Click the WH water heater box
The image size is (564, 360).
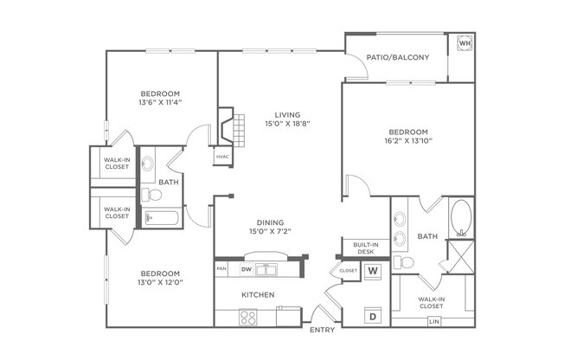(464, 44)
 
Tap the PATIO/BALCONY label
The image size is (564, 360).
(397, 58)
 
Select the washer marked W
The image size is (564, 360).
(375, 271)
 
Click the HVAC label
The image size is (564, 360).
(222, 157)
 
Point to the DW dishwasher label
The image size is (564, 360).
(246, 270)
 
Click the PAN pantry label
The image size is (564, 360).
(221, 270)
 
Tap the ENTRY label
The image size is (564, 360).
(322, 330)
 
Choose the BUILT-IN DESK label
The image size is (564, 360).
(360, 247)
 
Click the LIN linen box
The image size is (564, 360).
(435, 322)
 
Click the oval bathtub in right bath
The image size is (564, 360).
(461, 217)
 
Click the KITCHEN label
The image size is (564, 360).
(258, 295)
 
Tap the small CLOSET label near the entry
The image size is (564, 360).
(348, 271)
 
